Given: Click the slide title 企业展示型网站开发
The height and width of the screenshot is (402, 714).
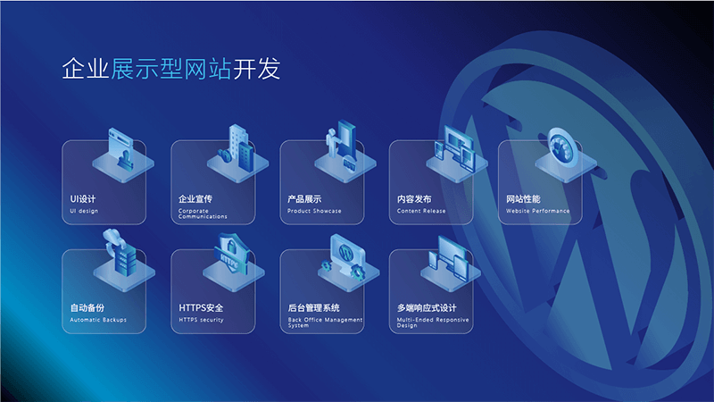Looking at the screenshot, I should [x=176, y=70].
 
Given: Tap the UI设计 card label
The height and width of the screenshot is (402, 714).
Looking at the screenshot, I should [x=83, y=198].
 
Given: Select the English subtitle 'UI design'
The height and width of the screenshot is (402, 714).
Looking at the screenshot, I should [x=84, y=211].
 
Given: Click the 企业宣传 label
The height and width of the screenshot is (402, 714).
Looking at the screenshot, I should [x=195, y=198].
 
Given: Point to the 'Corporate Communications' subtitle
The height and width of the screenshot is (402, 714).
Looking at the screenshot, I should [x=203, y=214].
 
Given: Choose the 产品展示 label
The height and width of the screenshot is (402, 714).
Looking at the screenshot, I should [x=304, y=198].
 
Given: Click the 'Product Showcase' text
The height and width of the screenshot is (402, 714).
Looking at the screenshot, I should [x=314, y=211].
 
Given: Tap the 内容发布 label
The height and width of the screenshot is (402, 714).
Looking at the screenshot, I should [x=414, y=198].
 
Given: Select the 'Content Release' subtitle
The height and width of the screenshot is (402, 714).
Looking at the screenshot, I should [x=421, y=211].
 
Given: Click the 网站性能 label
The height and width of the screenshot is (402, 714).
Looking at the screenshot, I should [x=523, y=198].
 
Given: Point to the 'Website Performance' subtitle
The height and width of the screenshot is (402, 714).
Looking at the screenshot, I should [x=537, y=211].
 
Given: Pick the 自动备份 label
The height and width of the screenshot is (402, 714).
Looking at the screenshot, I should [x=87, y=307].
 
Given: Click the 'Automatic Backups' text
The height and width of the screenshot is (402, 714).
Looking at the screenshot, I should [x=98, y=319].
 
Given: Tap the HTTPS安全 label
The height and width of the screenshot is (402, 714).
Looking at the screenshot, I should [x=201, y=307].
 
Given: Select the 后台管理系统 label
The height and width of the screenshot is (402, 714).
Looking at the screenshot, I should [x=314, y=307].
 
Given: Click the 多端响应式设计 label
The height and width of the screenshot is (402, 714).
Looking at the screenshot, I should [x=433, y=307].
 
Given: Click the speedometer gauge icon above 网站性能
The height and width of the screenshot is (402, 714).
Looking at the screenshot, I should [x=558, y=147].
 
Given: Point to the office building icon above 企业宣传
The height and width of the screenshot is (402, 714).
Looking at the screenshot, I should [x=237, y=147].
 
